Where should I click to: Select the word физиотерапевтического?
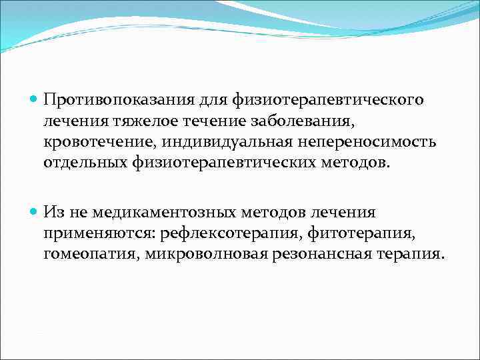[x=328, y=99]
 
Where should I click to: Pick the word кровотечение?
[x=92, y=142]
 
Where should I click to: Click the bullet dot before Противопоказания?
[x=34, y=99]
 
